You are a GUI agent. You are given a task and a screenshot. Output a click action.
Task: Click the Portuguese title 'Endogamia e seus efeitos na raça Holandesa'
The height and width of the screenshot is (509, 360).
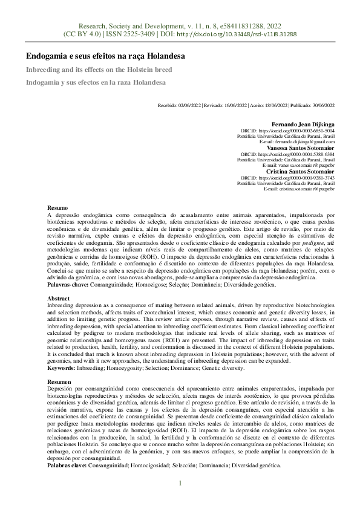105,56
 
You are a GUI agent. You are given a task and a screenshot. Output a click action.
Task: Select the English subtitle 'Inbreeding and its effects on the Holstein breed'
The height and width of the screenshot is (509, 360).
99,70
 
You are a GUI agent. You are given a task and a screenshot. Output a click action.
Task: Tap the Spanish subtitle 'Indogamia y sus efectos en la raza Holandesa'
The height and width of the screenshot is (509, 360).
96,82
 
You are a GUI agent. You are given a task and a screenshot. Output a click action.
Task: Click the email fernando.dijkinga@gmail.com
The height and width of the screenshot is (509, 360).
301,141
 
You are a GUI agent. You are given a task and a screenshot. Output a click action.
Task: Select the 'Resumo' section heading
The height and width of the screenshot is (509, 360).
57,207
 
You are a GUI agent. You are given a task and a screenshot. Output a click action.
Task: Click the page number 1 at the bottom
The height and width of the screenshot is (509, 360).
180,483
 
